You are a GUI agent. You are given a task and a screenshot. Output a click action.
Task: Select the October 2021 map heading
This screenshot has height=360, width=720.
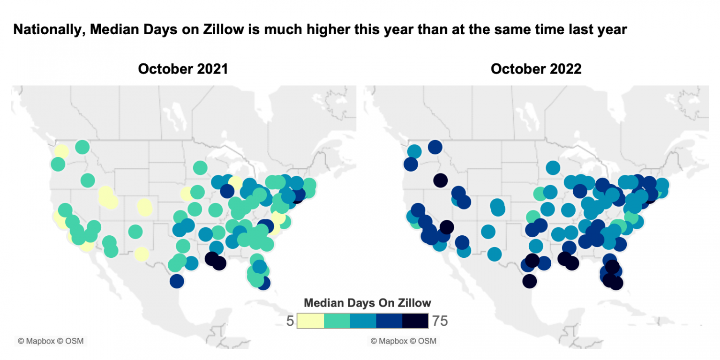click(183, 69)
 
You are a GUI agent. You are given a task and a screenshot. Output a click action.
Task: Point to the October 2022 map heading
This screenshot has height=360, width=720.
click(536, 69)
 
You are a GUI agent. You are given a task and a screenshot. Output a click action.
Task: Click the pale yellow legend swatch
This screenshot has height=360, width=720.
click(310, 321)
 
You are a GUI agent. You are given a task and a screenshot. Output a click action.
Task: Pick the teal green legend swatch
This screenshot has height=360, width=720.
click(337, 321)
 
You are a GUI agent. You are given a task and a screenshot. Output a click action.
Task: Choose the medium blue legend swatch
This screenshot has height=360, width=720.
click(363, 321)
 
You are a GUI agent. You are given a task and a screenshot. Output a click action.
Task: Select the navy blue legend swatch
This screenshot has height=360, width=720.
click(389, 321)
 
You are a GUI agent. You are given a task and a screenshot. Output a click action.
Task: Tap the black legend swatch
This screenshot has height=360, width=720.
click(415, 321)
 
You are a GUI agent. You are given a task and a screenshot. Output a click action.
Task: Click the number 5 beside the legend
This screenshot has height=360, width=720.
click(290, 321)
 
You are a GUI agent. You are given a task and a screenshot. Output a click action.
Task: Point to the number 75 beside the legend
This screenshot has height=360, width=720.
click(441, 321)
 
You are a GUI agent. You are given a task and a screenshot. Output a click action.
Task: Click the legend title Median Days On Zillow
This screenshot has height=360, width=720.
click(367, 302)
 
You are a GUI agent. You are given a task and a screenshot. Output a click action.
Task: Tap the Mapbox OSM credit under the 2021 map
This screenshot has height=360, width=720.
click(51, 341)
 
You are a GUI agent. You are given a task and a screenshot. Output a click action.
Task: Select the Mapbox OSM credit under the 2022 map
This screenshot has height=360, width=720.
click(403, 341)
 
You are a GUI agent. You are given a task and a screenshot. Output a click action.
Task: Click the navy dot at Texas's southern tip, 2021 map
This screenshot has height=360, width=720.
click(176, 281)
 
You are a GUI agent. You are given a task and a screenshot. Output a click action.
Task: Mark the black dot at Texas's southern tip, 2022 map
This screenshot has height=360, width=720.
click(529, 281)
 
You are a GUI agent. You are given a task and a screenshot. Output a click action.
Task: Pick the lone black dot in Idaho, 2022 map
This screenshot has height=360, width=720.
click(440, 180)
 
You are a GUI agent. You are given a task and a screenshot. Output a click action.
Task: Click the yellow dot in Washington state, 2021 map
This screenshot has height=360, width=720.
click(61, 151)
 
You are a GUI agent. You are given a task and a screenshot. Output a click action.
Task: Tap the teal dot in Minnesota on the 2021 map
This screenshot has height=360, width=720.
click(200, 167)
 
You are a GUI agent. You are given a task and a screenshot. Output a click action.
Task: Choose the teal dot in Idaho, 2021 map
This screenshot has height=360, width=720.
click(88, 180)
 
